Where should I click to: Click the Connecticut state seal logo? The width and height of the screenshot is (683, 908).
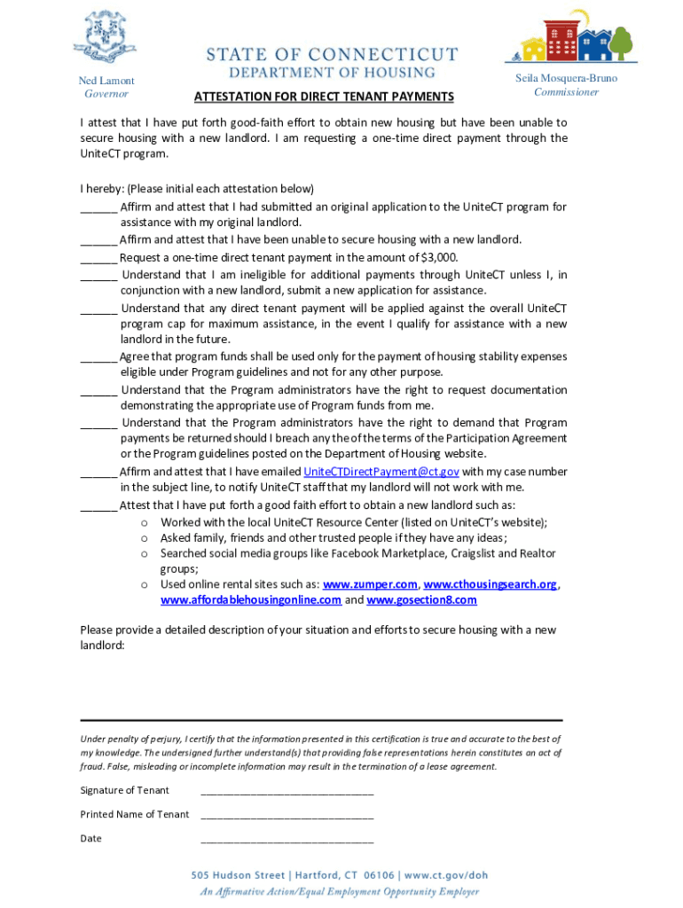106,36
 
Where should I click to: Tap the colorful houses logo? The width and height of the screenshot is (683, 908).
571,36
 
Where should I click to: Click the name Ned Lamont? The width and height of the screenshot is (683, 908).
106,81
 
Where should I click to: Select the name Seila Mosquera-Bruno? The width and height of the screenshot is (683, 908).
566,78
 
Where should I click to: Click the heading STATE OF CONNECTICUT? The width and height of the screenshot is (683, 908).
333,54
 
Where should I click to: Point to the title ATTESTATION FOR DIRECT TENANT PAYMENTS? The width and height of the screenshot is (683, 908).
324,97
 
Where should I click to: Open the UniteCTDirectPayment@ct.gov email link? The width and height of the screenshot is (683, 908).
381,472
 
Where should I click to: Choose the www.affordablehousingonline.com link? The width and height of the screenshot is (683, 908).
251,600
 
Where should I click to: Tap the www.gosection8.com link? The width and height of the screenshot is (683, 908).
421,600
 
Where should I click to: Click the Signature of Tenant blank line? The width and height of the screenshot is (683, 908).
287,792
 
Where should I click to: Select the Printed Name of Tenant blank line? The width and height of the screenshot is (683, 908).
287,816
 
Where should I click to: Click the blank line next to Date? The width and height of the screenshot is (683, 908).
287,840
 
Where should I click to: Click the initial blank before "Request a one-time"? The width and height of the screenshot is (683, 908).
98,259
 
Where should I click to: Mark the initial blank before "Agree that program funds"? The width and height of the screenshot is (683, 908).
98,358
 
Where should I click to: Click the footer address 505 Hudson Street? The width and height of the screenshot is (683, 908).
238,874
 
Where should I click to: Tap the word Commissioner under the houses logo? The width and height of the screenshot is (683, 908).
566,92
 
